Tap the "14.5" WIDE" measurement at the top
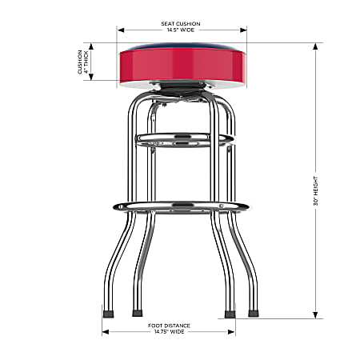[x=182, y=30]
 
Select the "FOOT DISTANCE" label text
[x=168, y=325]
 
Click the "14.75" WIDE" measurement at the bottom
[x=168, y=332]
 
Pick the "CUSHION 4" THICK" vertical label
[x=82, y=62]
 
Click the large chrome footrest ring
[x=181, y=206]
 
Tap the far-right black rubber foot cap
[x=254, y=312]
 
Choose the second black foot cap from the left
[x=138, y=312]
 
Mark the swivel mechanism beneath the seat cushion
[x=182, y=90]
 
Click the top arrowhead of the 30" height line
[x=318, y=46]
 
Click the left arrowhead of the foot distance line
[x=105, y=331]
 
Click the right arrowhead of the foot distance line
[x=233, y=331]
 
